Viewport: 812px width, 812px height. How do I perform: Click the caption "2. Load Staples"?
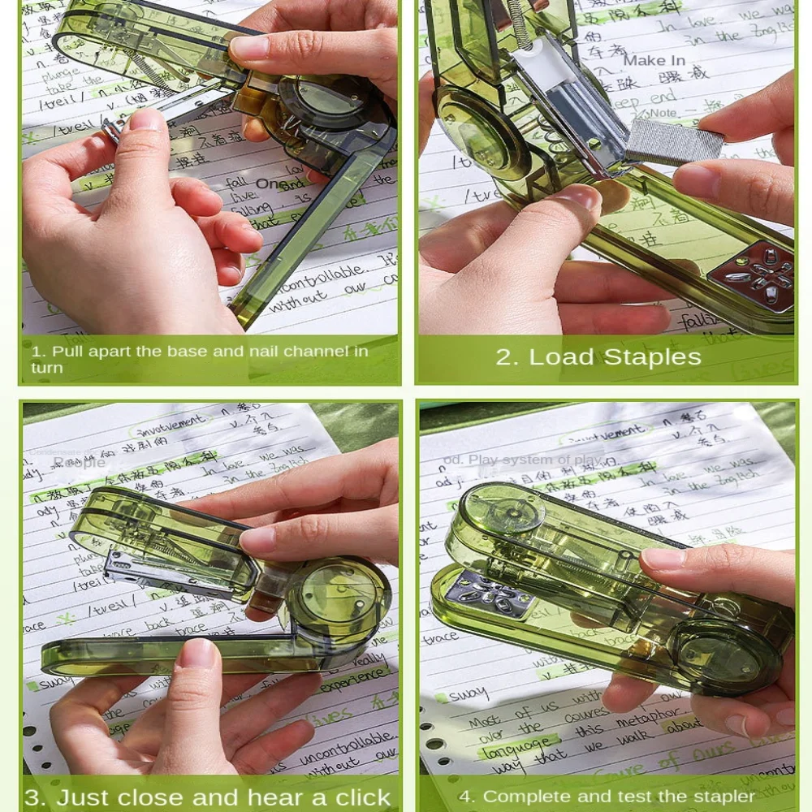pyautogui.click(x=598, y=357)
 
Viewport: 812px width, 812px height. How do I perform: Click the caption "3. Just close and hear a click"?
pyautogui.click(x=208, y=797)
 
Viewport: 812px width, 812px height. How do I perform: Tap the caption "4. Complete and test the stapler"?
pyautogui.click(x=607, y=797)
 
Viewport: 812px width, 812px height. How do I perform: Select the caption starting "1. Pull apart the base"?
pyautogui.click(x=199, y=359)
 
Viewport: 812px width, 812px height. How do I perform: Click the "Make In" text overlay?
pyautogui.click(x=654, y=61)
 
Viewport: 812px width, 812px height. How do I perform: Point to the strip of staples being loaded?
pyautogui.click(x=673, y=140)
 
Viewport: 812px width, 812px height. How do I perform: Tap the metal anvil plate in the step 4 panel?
pyautogui.click(x=492, y=592)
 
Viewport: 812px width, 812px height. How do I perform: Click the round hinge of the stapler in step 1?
pyautogui.click(x=326, y=106)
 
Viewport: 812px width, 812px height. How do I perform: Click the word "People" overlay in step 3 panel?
pyautogui.click(x=80, y=462)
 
